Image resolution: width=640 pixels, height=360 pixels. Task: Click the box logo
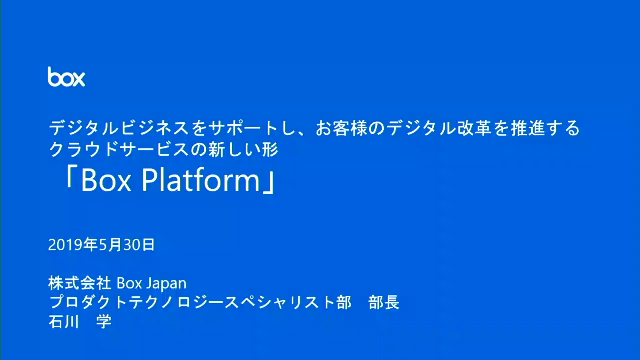click(66, 77)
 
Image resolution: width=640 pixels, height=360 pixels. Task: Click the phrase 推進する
click(545, 129)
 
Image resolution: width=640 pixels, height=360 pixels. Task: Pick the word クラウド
click(84, 150)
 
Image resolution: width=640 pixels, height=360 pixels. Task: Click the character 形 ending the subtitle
click(270, 150)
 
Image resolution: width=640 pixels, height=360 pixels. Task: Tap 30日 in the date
click(139, 245)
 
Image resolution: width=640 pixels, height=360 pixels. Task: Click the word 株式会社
click(79, 283)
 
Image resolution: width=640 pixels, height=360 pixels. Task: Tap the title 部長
click(384, 302)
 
